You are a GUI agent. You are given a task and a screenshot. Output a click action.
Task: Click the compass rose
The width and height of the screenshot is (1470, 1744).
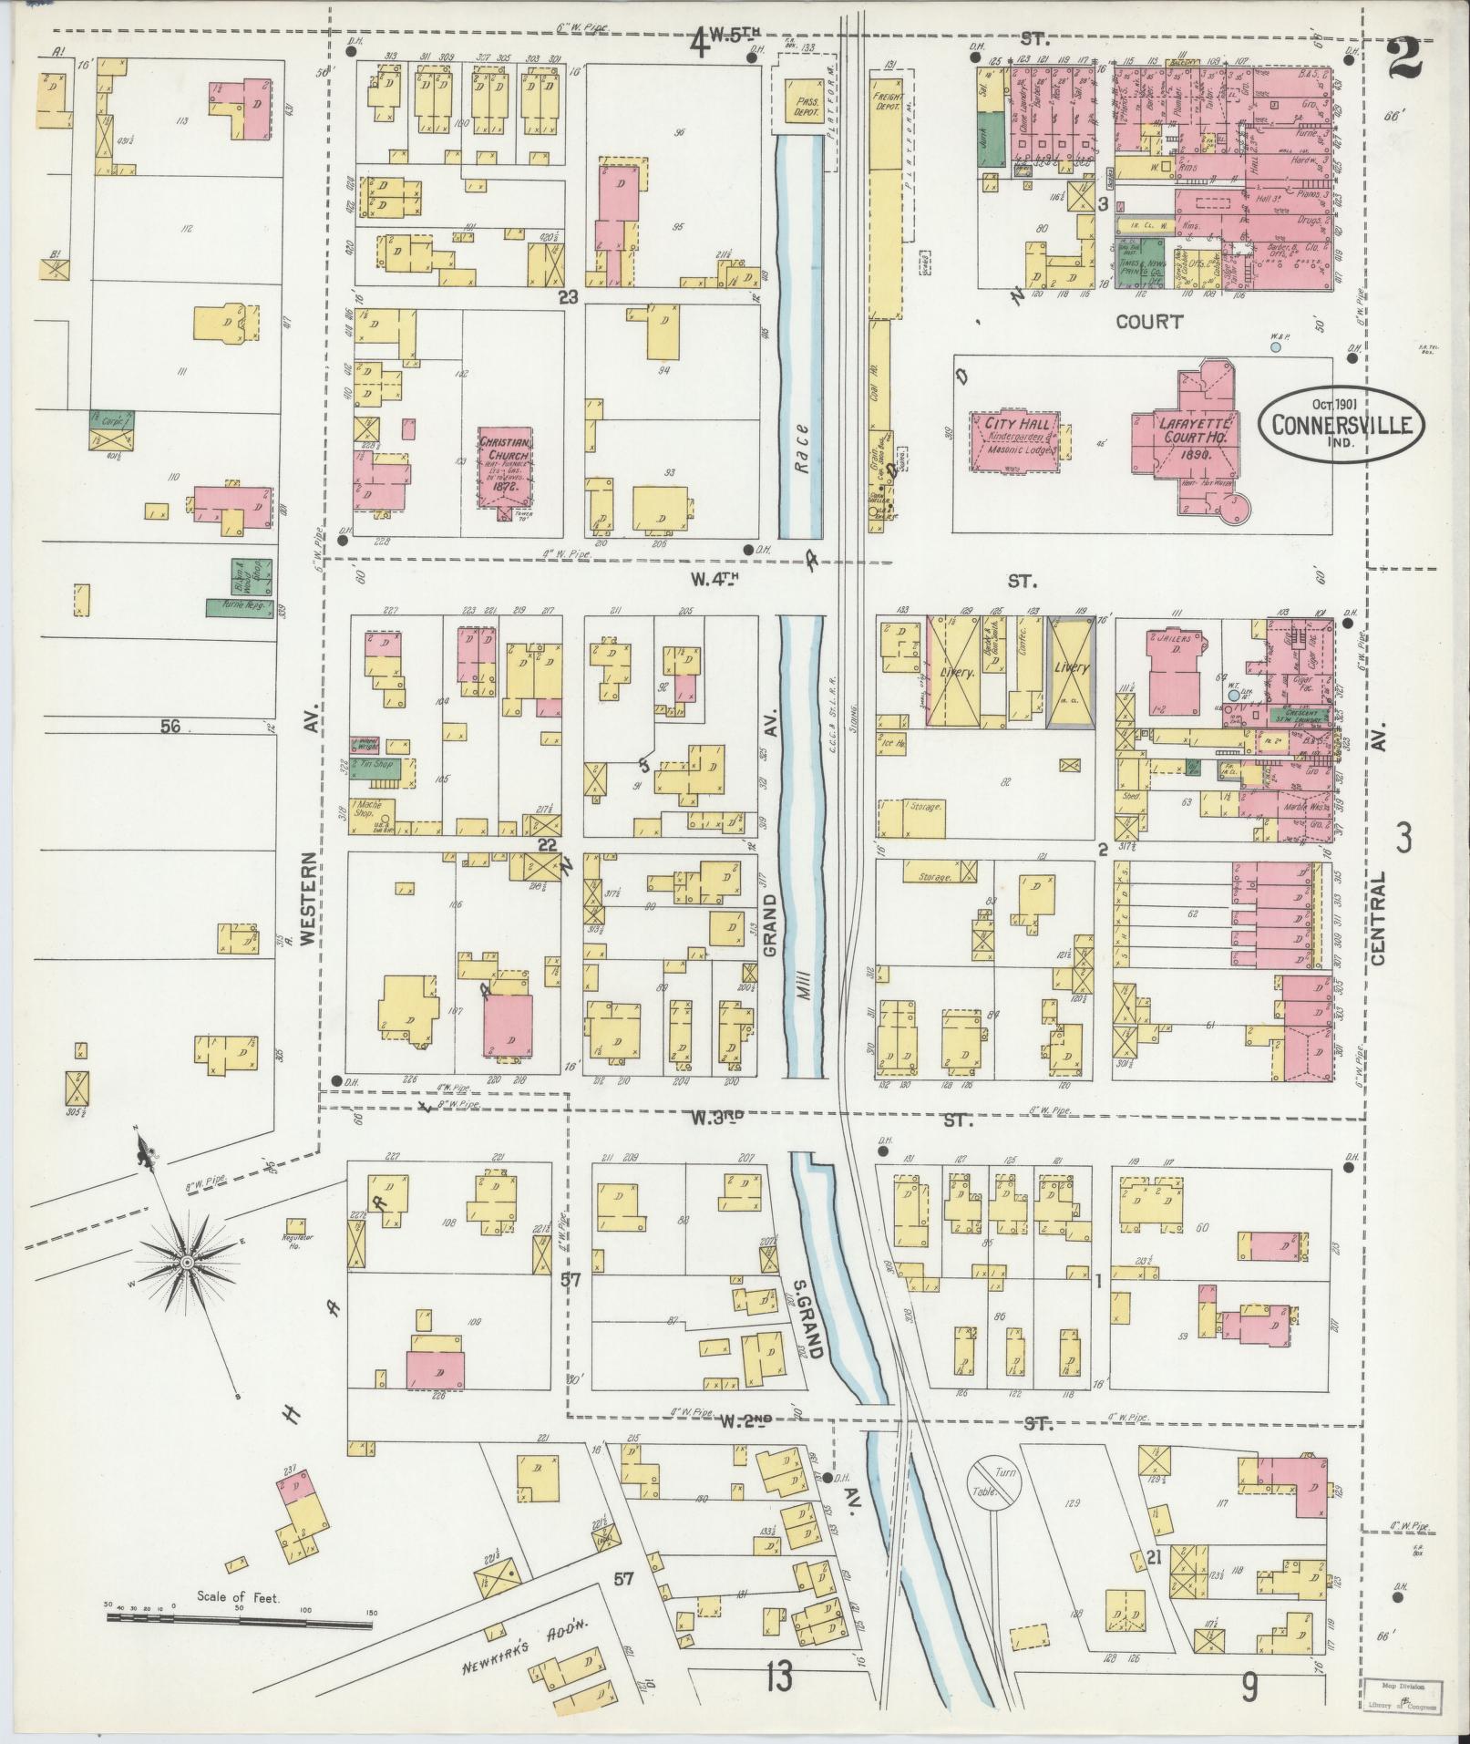[x=185, y=1262]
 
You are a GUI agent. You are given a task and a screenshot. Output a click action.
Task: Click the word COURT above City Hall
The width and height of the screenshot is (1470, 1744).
[x=1150, y=321]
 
